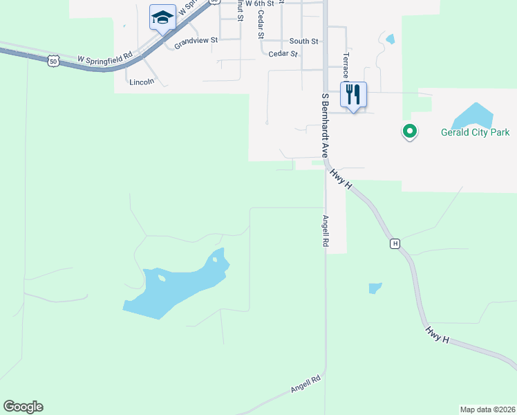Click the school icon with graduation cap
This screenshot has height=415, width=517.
coord(162,17)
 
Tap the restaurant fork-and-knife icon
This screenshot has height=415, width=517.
coord(353,94)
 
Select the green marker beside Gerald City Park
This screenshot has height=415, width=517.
coord(410,131)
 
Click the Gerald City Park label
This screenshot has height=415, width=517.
coord(475,131)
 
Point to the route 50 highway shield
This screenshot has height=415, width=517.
coord(53,62)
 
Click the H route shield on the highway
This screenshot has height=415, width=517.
coord(395,243)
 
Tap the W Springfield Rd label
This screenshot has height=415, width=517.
coord(104,60)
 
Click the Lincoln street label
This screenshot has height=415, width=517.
coord(142,82)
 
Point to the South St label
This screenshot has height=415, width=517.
coord(303,41)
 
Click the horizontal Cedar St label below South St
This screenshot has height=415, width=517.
coord(283,53)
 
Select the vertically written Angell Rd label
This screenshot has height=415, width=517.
coord(324,231)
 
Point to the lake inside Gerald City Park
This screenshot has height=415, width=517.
coord(472,115)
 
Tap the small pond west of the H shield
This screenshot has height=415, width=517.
coord(375,288)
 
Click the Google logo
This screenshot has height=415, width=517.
coord(23,407)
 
